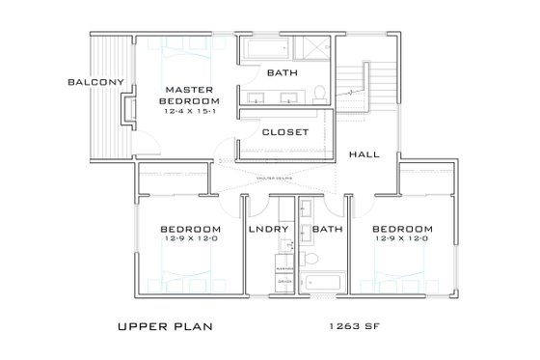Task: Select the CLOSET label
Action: tap(284, 132)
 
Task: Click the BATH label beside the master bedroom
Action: tap(283, 73)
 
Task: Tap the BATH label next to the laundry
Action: tap(328, 229)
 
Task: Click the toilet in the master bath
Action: tap(318, 93)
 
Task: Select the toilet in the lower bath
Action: tap(310, 258)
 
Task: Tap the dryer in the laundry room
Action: tap(284, 281)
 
